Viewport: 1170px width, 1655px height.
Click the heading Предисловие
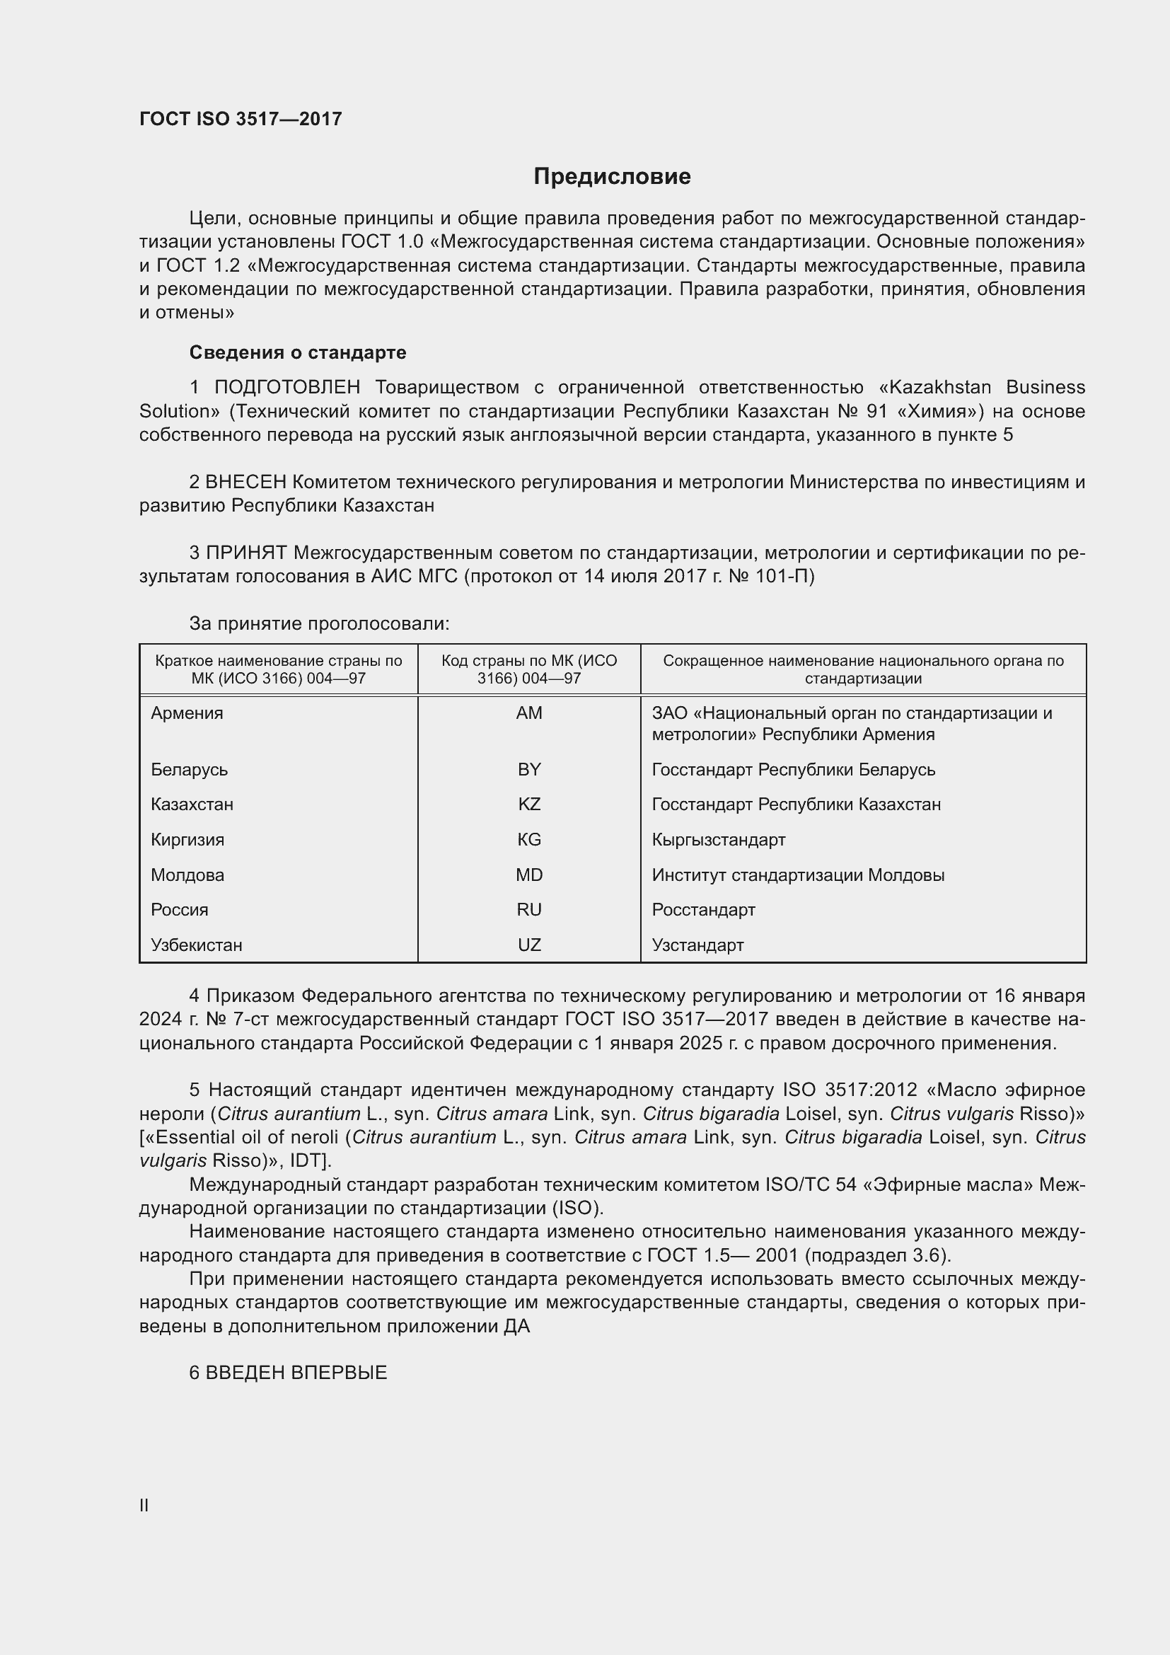click(612, 177)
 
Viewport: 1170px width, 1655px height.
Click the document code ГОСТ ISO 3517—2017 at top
click(241, 119)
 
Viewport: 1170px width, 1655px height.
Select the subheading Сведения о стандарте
click(298, 352)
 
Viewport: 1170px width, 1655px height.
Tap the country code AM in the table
click(529, 713)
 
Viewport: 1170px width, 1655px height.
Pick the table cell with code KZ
click(529, 804)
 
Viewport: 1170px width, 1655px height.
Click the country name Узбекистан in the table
click(196, 945)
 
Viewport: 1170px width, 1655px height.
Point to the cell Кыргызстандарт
click(718, 839)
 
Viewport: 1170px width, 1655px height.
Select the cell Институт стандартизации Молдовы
click(797, 875)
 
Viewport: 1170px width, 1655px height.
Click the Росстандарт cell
click(703, 910)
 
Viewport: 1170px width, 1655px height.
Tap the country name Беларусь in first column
click(189, 769)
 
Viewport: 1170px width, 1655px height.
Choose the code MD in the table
click(529, 875)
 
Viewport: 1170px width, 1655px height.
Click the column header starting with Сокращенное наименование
click(862, 669)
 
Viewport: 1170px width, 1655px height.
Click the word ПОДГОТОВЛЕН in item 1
click(286, 387)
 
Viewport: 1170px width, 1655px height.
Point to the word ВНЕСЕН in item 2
click(245, 482)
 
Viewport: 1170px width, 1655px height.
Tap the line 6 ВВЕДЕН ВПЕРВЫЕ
click(288, 1373)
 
